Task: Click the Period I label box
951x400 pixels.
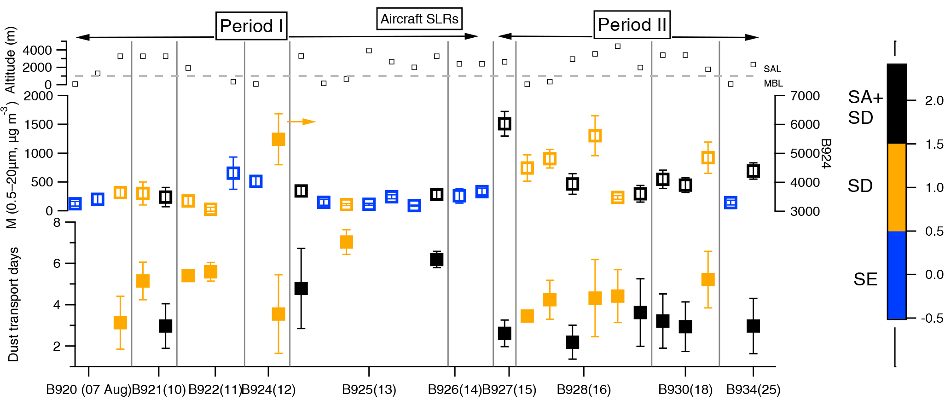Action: coord(251,26)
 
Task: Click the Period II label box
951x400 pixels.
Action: coord(632,25)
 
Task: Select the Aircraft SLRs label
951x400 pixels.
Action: coord(419,19)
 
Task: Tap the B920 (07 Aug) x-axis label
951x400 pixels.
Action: coord(88,390)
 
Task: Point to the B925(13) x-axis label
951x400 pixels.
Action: coord(369,390)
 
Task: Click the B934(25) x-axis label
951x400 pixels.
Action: coord(753,390)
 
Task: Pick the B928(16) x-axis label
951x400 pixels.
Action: coord(584,390)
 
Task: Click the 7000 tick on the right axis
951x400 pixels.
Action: coord(805,96)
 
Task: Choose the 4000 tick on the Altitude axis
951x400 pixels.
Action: coord(37,50)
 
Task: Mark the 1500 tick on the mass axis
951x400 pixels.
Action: coord(39,125)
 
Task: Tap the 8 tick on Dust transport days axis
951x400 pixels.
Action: coord(57,223)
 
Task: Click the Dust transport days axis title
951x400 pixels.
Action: coord(13,304)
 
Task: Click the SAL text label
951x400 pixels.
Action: coord(772,69)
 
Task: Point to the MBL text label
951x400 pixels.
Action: coord(773,83)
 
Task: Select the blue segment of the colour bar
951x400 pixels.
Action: coord(896,275)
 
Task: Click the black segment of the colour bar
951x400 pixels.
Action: coord(896,104)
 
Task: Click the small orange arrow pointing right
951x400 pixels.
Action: coord(302,122)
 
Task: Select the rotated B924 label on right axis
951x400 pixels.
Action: coord(826,153)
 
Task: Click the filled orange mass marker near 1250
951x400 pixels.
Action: coord(278,139)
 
